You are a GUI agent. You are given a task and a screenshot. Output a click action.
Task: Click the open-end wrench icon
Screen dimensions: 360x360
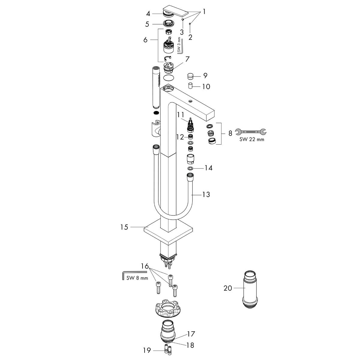[x=250, y=132]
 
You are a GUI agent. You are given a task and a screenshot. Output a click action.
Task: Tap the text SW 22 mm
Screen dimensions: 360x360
[x=252, y=139]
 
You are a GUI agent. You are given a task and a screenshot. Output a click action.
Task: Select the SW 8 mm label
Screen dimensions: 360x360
[x=137, y=278]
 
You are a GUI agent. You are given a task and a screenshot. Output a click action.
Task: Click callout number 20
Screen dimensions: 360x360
[x=228, y=288]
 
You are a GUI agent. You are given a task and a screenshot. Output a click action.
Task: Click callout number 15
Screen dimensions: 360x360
[x=124, y=227]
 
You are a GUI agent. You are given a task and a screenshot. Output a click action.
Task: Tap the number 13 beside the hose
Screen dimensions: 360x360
[x=206, y=194]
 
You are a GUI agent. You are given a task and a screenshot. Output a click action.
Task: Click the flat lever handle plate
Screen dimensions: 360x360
[x=176, y=12]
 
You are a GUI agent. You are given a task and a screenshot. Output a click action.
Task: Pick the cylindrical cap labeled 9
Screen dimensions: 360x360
[x=190, y=76]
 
